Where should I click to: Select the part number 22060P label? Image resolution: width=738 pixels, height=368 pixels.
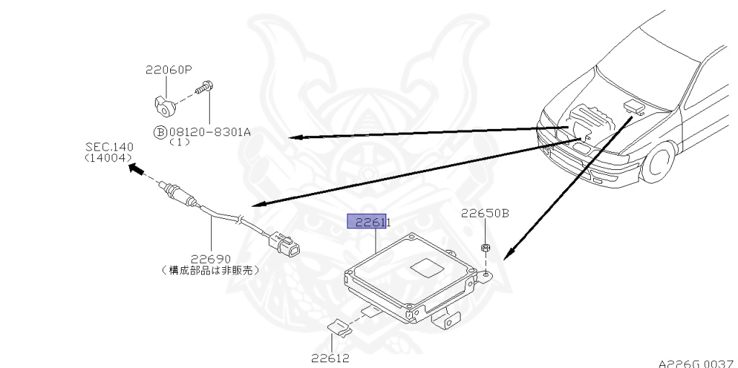(x=169, y=70)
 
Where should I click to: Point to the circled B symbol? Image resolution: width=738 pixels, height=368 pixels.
(x=159, y=133)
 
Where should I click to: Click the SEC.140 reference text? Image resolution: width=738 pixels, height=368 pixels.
(x=110, y=146)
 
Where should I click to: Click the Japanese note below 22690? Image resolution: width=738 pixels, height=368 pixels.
(x=210, y=270)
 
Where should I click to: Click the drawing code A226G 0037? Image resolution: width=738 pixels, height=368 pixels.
(x=695, y=362)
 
